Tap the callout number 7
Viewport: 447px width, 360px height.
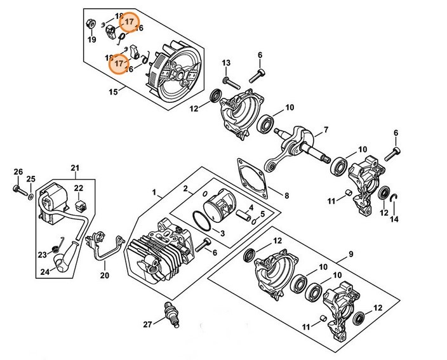[325, 130]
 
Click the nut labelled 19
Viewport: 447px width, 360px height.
[91, 25]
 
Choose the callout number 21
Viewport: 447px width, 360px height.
[75, 168]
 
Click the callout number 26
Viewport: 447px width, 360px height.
[18, 171]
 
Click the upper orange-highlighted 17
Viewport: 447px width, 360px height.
[130, 22]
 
